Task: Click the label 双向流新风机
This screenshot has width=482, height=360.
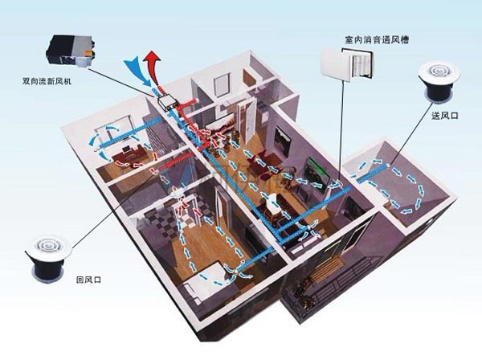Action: tap(47, 81)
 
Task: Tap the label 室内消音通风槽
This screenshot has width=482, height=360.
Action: tap(377, 40)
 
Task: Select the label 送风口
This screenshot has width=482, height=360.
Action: tap(445, 116)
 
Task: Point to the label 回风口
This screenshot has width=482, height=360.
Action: tap(88, 280)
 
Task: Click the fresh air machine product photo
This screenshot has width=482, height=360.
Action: tap(71, 51)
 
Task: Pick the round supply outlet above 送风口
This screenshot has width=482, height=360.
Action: tap(439, 81)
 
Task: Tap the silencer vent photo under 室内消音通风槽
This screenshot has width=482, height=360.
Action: tap(347, 64)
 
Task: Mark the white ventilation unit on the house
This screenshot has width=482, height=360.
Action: tap(167, 103)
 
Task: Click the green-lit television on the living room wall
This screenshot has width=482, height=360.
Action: tap(318, 174)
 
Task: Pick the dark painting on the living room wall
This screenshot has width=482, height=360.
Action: tap(282, 142)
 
